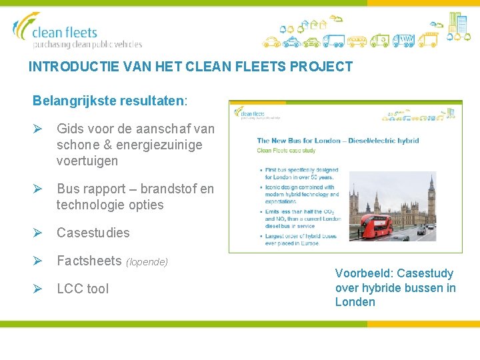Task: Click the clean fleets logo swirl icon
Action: click(x=24, y=27)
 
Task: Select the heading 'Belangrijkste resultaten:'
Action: click(x=110, y=101)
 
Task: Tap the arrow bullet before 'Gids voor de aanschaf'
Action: click(x=38, y=128)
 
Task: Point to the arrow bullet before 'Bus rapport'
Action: click(x=38, y=189)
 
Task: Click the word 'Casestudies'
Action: click(x=93, y=233)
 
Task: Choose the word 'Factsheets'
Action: click(x=89, y=261)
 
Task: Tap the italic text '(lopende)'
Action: click(x=147, y=262)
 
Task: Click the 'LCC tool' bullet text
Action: click(x=82, y=289)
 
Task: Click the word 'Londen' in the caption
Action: click(x=355, y=302)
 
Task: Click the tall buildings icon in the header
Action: click(x=458, y=23)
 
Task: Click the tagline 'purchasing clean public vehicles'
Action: click(x=87, y=45)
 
